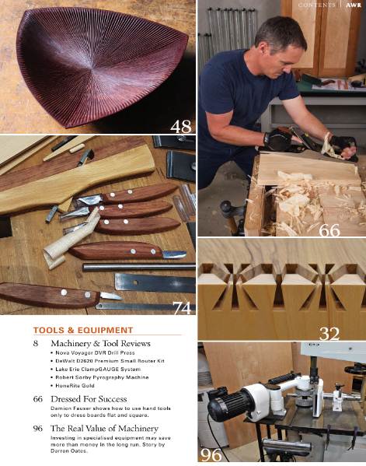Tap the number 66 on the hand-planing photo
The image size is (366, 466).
330,230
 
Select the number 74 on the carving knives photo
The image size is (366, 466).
181,308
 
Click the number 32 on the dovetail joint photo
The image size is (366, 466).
329,334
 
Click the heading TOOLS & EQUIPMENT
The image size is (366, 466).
83,330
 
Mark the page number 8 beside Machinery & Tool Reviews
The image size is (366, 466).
36,343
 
